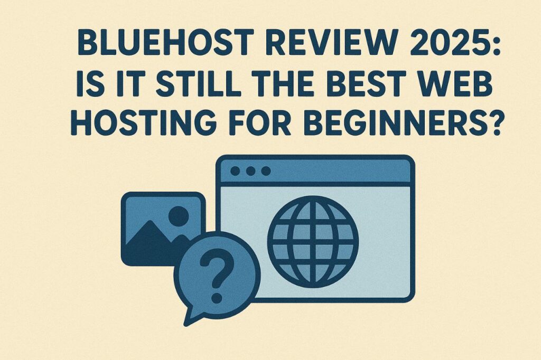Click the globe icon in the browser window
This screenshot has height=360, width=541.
pyautogui.click(x=313, y=242)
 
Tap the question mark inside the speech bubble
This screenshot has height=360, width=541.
pyautogui.click(x=217, y=276)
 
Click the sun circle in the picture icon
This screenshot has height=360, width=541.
pyautogui.click(x=179, y=216)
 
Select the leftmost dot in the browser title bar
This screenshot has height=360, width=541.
pyautogui.click(x=235, y=170)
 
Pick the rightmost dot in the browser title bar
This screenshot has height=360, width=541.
pyautogui.click(x=266, y=170)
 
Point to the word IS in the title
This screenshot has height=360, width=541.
pyautogui.click(x=90, y=83)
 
